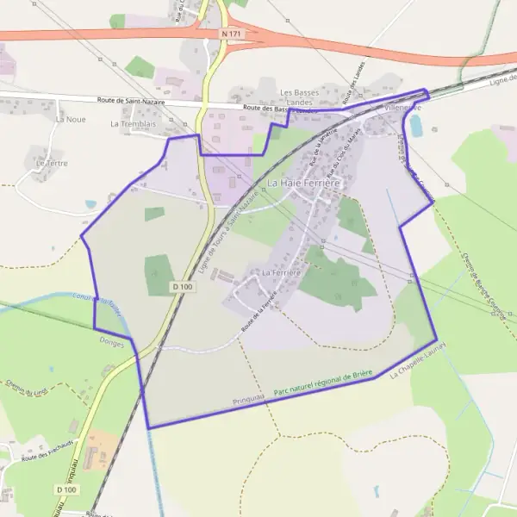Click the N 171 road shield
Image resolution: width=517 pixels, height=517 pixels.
(x=230, y=34)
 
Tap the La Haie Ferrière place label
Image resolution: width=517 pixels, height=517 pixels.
(x=305, y=184)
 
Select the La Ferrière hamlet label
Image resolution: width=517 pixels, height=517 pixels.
(x=280, y=272)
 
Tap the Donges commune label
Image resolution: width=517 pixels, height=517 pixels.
(x=111, y=343)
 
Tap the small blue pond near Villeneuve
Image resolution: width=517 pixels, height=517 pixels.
(x=416, y=127)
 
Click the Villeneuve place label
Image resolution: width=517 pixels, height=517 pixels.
(x=401, y=109)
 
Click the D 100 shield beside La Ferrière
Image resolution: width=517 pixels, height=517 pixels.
(x=181, y=286)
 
